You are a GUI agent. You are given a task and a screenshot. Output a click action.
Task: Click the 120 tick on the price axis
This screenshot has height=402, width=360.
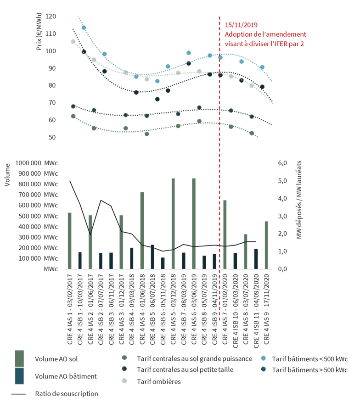click(x=51, y=17)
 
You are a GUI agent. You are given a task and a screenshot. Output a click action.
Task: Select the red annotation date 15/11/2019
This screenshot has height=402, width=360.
click(x=241, y=25)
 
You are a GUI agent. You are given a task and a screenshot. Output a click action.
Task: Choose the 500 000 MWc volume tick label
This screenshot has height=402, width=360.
click(x=37, y=216)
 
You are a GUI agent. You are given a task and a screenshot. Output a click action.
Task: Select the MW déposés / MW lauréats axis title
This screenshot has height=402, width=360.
click(x=299, y=200)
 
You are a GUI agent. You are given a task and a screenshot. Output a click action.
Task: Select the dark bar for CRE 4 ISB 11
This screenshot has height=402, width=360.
click(x=256, y=259)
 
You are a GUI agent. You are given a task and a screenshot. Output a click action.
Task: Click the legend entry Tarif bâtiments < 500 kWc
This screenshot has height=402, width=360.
click(x=309, y=358)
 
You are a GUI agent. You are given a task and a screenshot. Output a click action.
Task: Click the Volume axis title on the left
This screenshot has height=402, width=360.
click(x=7, y=177)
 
